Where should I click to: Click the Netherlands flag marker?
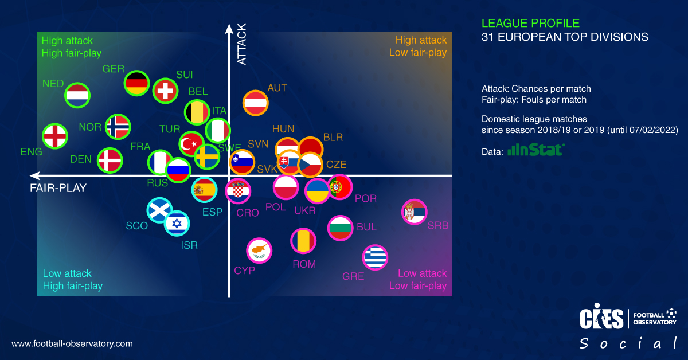[77, 96]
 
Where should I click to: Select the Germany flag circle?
[137, 84]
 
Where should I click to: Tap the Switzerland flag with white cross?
[165, 91]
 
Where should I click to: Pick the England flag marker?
[55, 136]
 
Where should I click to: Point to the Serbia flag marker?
[414, 212]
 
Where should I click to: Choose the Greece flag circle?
[376, 257]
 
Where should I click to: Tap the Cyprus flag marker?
[259, 251]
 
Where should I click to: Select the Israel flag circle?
[177, 223]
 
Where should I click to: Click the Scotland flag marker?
[159, 210]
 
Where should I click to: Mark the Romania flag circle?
[303, 241]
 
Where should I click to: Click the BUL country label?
[366, 227]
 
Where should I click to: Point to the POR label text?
[366, 199]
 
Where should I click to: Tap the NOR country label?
[90, 127]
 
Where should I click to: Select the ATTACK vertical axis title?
[241, 44]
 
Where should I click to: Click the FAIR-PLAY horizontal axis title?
[58, 187]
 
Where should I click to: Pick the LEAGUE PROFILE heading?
[530, 24]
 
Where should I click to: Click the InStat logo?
[537, 150]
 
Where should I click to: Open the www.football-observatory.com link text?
[72, 344]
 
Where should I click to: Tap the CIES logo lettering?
[601, 319]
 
